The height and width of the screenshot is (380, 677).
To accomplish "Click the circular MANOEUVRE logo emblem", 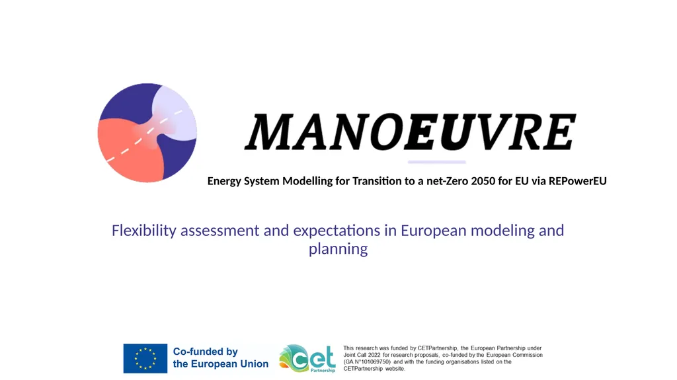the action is [x=147, y=133].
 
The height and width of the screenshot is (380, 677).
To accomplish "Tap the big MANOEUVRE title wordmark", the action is [x=411, y=132].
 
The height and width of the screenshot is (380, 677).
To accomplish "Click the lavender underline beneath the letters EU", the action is [x=436, y=163].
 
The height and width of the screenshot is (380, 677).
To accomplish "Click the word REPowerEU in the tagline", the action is [x=578, y=181].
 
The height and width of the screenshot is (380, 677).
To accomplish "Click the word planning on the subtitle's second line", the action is [x=338, y=249].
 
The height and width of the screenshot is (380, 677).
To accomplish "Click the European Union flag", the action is [x=145, y=358].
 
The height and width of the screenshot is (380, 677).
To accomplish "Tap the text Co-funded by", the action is [x=206, y=352].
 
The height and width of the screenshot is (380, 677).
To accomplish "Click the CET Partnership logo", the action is [x=307, y=358].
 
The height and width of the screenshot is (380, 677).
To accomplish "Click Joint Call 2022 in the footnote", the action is [x=362, y=355].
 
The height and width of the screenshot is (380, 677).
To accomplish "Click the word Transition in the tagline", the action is [x=378, y=181].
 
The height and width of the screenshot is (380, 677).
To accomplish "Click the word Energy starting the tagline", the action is [x=224, y=181].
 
